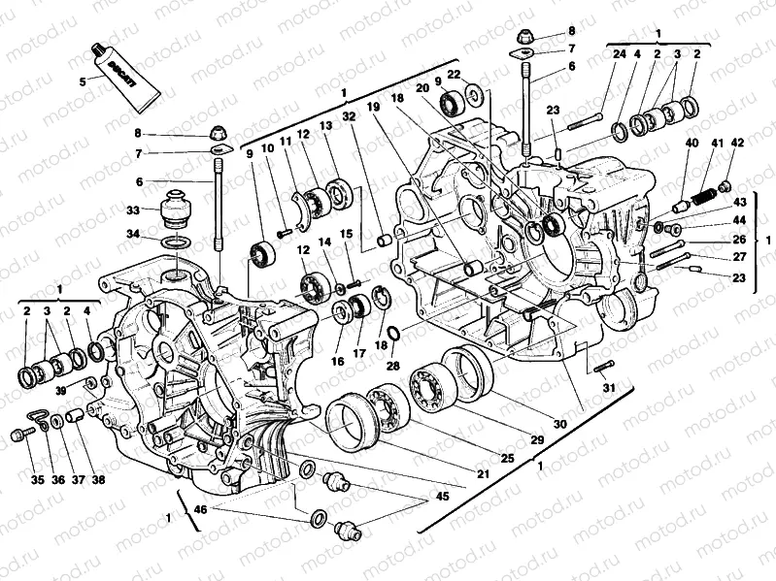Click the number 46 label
201,508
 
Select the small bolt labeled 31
601,366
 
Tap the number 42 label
738,144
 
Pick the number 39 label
60,390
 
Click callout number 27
739,258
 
